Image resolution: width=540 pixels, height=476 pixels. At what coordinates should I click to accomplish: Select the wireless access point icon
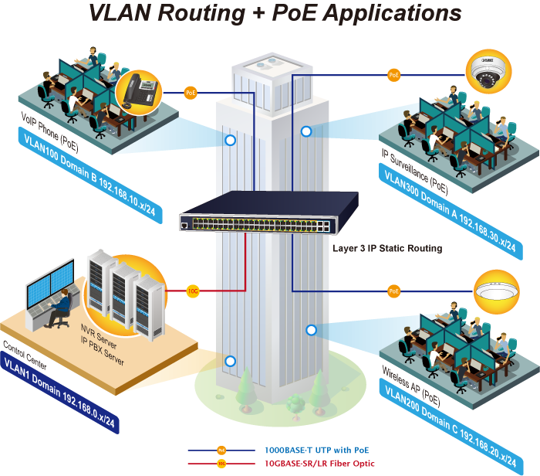pos(497,291)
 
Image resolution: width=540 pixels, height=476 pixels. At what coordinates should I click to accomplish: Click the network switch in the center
pos(269,212)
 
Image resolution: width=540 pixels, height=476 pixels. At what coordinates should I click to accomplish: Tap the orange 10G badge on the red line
pos(193,291)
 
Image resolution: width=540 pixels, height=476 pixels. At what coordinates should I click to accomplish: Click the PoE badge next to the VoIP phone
pos(191,93)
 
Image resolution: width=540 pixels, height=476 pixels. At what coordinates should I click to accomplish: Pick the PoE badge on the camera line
pos(394,74)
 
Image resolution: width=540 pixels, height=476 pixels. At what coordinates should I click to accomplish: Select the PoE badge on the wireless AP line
pos(394,291)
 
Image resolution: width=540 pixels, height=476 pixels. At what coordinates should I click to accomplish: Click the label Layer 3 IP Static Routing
pos(387,248)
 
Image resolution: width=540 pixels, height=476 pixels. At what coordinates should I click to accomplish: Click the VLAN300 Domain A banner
pos(451,212)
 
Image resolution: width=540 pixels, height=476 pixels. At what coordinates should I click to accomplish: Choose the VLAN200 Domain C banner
pos(451,427)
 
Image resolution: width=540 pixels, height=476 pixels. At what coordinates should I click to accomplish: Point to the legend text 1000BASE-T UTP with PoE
pos(316,450)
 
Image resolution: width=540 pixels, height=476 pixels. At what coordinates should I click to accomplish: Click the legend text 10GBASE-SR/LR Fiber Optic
pos(319,463)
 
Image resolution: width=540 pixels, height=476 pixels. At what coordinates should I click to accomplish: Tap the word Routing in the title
pos(201,12)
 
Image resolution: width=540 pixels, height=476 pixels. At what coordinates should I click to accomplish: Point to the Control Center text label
pos(25,355)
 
